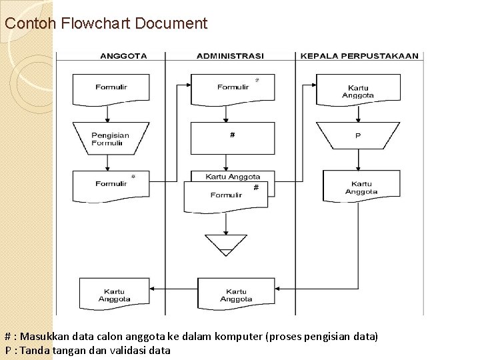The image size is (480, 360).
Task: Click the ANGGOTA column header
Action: tap(123, 56)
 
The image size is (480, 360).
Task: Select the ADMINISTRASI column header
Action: tap(229, 56)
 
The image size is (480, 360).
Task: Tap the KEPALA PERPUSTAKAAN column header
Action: tap(359, 56)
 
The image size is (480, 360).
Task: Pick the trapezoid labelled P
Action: tap(358, 136)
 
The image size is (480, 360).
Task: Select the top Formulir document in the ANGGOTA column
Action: tap(111, 88)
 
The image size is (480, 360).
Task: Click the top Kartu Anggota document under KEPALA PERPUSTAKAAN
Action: tap(358, 91)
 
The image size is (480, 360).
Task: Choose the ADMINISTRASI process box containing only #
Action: tap(232, 137)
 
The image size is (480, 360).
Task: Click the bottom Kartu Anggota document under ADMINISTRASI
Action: tap(236, 295)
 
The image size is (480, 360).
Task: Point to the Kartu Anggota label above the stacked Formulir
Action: tap(233, 177)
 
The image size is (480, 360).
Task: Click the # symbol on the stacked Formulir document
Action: tap(255, 188)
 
